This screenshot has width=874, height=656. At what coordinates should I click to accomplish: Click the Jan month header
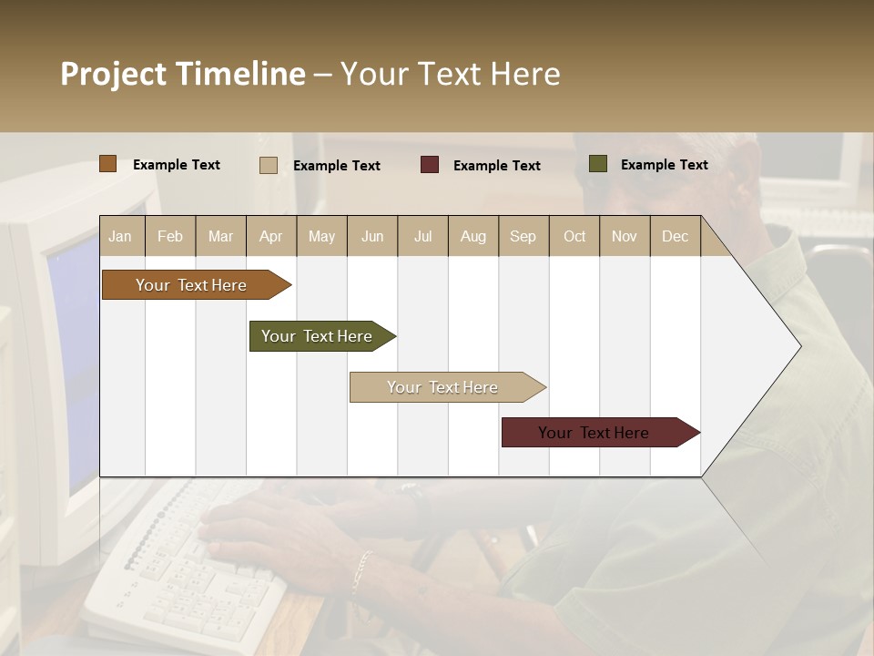120,236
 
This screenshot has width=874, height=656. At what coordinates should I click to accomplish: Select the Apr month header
270,236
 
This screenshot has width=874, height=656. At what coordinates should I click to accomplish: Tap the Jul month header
422,236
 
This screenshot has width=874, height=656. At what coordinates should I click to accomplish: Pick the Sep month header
523,236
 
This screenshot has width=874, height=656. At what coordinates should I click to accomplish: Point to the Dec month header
675,236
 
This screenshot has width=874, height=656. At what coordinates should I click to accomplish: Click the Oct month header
574,236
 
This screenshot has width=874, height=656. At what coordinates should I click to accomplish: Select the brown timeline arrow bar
191,285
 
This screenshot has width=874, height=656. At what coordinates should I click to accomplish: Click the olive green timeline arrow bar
317,336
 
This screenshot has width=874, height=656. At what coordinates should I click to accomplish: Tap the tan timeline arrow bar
442,387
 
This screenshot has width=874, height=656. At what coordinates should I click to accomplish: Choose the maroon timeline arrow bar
594,433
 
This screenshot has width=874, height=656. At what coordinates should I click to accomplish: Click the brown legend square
108,164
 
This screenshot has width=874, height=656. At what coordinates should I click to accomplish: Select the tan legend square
269,165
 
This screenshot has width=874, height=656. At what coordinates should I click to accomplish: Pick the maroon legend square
430,165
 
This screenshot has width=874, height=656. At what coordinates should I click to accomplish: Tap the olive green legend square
597,164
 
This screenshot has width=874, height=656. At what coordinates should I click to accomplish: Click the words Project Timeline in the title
182,74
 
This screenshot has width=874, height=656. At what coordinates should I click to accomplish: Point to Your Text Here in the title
450,74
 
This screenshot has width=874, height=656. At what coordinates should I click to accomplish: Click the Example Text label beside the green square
664,164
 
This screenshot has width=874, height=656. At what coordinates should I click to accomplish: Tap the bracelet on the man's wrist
362,571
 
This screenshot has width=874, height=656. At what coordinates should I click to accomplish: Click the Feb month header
170,236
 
